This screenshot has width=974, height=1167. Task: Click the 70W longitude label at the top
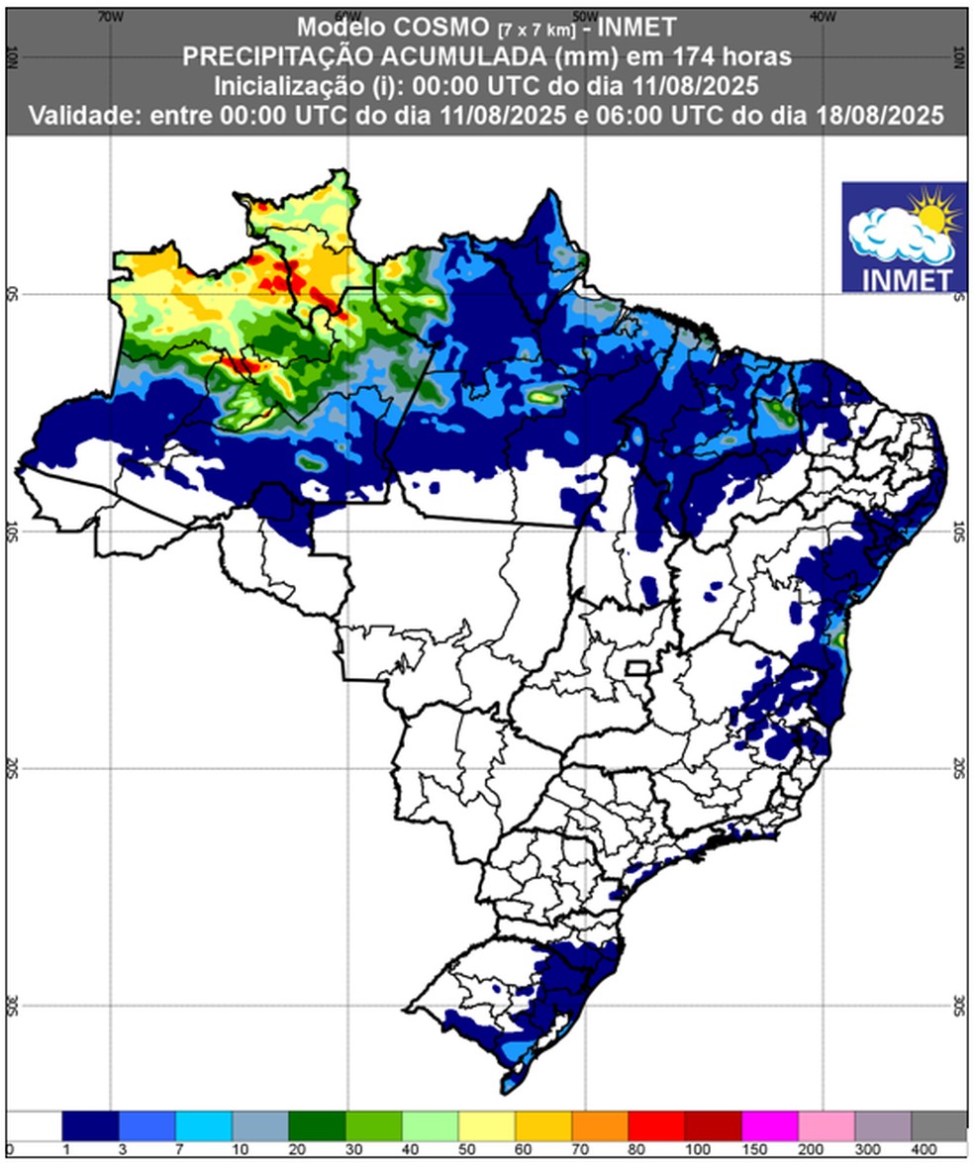coord(110,16)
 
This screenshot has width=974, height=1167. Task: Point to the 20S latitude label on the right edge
coord(957,768)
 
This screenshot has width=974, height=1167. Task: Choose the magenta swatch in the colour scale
coord(769,1125)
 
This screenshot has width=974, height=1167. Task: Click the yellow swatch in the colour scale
coord(486,1125)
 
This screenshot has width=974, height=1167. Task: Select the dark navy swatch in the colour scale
coord(90,1125)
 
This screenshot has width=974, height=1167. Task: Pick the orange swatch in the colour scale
coord(600,1125)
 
